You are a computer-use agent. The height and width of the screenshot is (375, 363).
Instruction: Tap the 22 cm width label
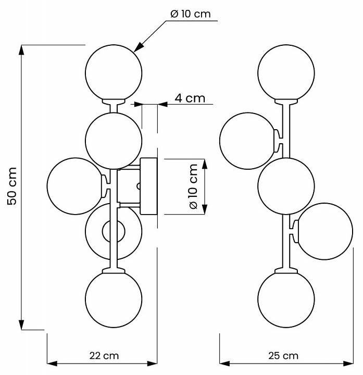[104, 356]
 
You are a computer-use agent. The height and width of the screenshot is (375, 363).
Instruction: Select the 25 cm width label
[283, 356]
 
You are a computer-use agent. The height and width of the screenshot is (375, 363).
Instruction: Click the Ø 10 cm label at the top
[191, 14]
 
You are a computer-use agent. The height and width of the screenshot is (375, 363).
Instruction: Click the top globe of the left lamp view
[114, 72]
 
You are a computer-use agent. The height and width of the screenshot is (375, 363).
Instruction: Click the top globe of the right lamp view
[286, 72]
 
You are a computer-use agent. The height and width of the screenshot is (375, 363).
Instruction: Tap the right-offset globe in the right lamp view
[324, 231]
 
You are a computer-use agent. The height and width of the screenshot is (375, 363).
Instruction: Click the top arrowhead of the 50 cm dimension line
[22, 50]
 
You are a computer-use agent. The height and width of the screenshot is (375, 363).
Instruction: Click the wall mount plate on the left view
[149, 186]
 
